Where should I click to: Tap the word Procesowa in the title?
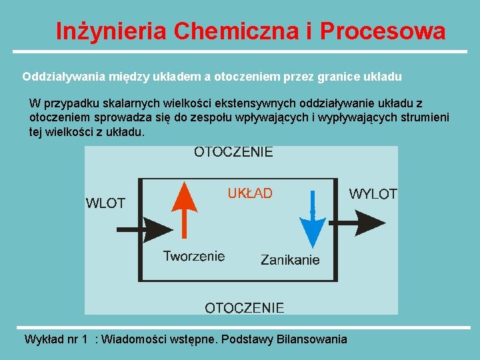pos(383,31)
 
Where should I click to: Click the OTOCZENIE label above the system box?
pos(233,152)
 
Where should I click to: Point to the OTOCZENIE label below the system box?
pos(244,307)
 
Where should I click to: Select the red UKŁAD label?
pos(250,193)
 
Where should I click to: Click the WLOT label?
pos(105,203)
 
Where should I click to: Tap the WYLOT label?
pos(373,194)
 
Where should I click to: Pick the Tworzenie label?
pos(194,256)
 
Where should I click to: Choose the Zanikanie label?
pos(290,259)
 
